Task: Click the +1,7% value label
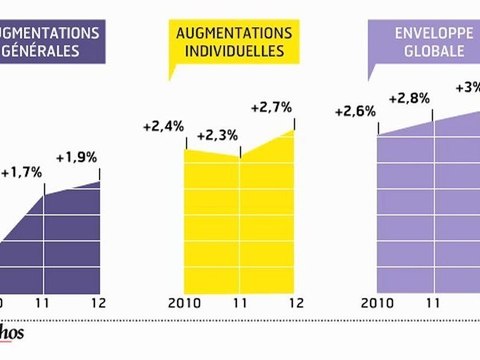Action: coord(25,173)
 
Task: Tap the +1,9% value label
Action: coord(76,157)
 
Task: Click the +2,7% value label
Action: coord(271,106)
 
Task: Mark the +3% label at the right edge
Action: coord(467,87)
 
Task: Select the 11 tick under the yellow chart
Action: coord(237,304)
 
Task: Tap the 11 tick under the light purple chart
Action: coord(432,304)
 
